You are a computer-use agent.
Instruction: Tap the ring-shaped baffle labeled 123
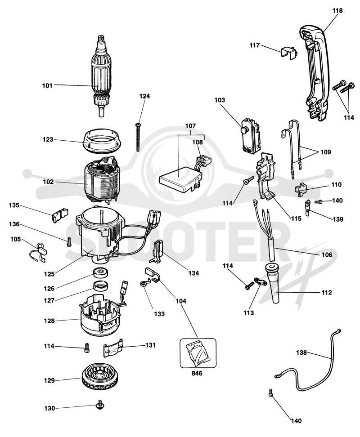tap(102, 141)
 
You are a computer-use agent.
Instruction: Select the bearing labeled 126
tap(101, 272)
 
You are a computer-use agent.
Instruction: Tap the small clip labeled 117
tap(289, 53)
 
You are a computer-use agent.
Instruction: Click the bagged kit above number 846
tap(198, 353)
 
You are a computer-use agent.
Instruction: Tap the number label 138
tap(301, 352)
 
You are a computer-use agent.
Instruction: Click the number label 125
tap(49, 274)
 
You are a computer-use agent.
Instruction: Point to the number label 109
tap(325, 152)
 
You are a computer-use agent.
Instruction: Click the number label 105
tap(16, 239)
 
